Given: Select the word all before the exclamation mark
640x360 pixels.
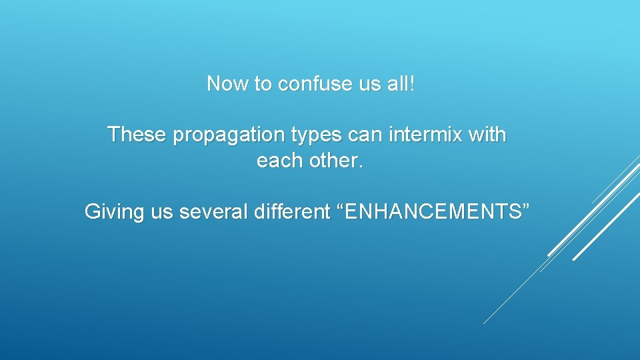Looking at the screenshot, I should (x=398, y=84).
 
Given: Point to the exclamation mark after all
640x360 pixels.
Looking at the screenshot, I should (x=412, y=84).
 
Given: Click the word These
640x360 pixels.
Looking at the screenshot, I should (x=137, y=135).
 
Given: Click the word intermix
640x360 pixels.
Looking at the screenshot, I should (x=426, y=135).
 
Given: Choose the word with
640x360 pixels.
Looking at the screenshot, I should (x=487, y=135).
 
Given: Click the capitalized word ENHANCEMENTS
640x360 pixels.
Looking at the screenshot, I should (x=432, y=212).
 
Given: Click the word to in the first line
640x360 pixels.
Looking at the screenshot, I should (x=263, y=84).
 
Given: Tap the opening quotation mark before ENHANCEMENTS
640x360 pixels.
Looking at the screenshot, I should (x=341, y=207).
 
